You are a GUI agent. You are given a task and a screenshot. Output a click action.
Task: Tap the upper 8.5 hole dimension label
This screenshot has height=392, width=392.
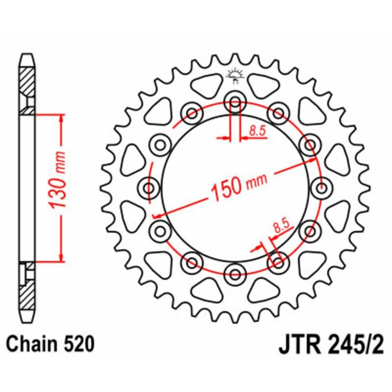(x=256, y=130)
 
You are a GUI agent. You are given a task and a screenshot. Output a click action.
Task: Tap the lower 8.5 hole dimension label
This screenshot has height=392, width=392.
(x=281, y=226)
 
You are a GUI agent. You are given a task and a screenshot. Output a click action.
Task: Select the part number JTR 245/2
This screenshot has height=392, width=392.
(x=333, y=345)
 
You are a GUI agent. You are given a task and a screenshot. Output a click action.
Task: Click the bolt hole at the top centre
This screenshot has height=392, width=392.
(x=235, y=103)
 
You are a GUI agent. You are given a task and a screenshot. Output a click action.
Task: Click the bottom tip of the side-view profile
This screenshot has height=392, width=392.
(x=28, y=318)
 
